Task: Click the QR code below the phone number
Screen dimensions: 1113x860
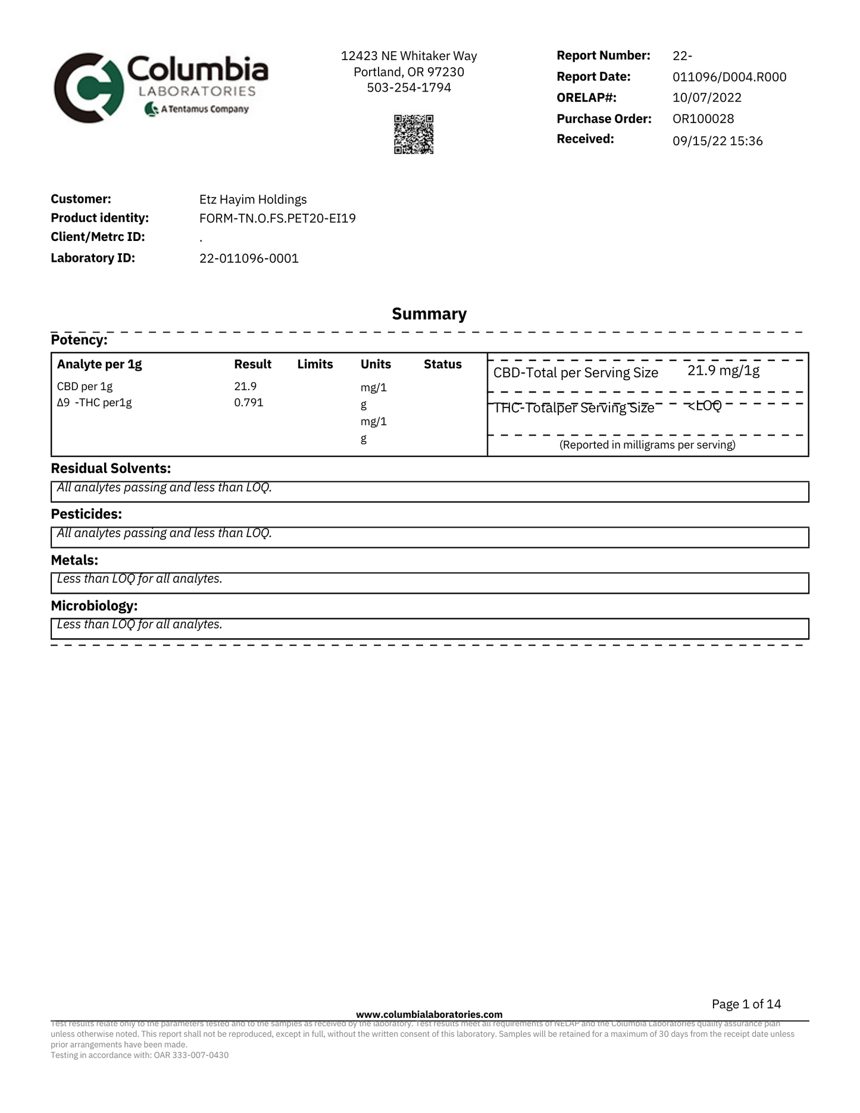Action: (x=413, y=134)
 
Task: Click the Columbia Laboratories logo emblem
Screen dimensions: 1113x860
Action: (x=89, y=88)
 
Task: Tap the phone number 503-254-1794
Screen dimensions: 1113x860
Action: (x=409, y=87)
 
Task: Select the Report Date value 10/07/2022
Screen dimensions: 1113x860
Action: (x=706, y=98)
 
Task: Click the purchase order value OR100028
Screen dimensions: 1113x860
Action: (x=703, y=118)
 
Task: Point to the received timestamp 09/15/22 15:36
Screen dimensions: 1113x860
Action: (x=717, y=141)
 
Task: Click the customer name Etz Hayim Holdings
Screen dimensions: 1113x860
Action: (x=253, y=199)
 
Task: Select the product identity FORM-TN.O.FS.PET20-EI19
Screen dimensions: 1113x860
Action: (x=277, y=218)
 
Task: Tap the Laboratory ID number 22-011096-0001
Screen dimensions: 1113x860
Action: (x=249, y=258)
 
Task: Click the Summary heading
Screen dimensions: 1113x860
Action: (x=429, y=314)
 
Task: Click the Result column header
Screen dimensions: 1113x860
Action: (x=252, y=364)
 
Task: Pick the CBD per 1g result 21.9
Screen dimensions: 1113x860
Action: (x=245, y=386)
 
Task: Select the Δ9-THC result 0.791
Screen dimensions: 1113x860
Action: (x=248, y=402)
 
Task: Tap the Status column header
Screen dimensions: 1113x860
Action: (x=442, y=364)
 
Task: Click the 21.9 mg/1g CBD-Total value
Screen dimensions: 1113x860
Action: (x=723, y=371)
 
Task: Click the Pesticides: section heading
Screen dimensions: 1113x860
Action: (x=86, y=513)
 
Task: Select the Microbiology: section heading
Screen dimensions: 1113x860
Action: (x=94, y=606)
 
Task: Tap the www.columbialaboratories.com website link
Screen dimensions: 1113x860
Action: (x=429, y=1014)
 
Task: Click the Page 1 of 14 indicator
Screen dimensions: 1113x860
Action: (x=746, y=1004)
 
